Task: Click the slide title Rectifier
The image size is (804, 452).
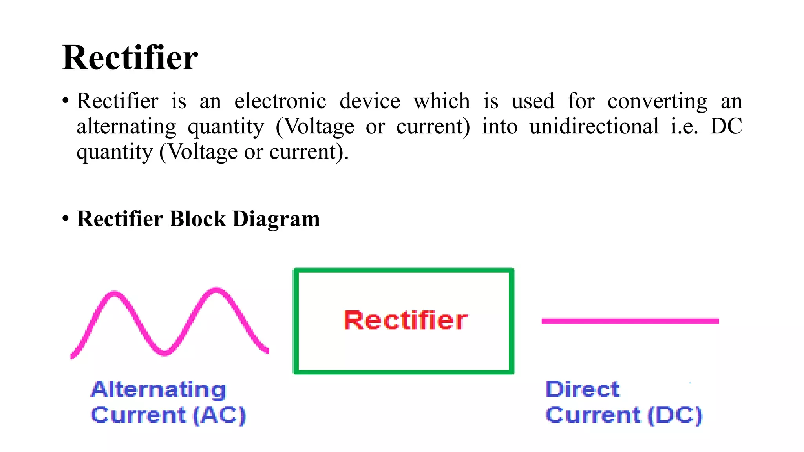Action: tap(130, 58)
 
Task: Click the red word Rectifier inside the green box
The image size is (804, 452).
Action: tap(406, 320)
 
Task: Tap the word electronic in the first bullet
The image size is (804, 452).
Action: tap(280, 101)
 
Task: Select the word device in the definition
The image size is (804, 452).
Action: tap(369, 101)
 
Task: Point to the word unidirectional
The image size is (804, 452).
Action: tap(594, 126)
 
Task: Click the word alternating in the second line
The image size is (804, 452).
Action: tap(126, 127)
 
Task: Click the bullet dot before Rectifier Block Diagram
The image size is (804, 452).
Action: tap(66, 218)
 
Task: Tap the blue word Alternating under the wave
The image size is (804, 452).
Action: tap(159, 390)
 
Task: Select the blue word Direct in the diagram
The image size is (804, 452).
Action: tap(582, 390)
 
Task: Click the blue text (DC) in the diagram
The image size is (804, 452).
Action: tap(674, 415)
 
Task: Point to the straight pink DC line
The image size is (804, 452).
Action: tap(630, 321)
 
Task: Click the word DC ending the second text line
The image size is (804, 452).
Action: tap(726, 126)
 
